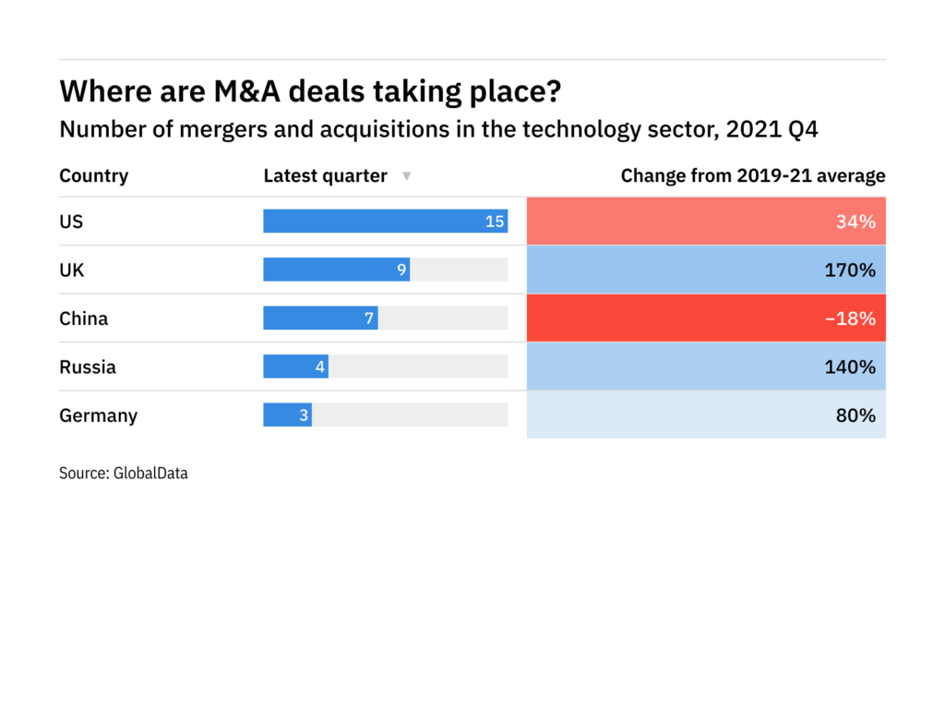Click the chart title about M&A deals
310,91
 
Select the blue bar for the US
385,221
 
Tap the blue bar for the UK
336,270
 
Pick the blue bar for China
320,318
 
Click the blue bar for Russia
295,367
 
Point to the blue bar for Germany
287,415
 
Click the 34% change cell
706,221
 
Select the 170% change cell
706,270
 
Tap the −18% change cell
706,318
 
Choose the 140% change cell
706,367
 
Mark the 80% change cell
706,415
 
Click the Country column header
93,175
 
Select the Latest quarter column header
325,175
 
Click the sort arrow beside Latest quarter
406,176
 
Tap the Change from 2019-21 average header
753,175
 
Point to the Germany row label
98,415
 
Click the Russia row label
88,367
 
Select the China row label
83,318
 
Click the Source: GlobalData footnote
124,474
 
